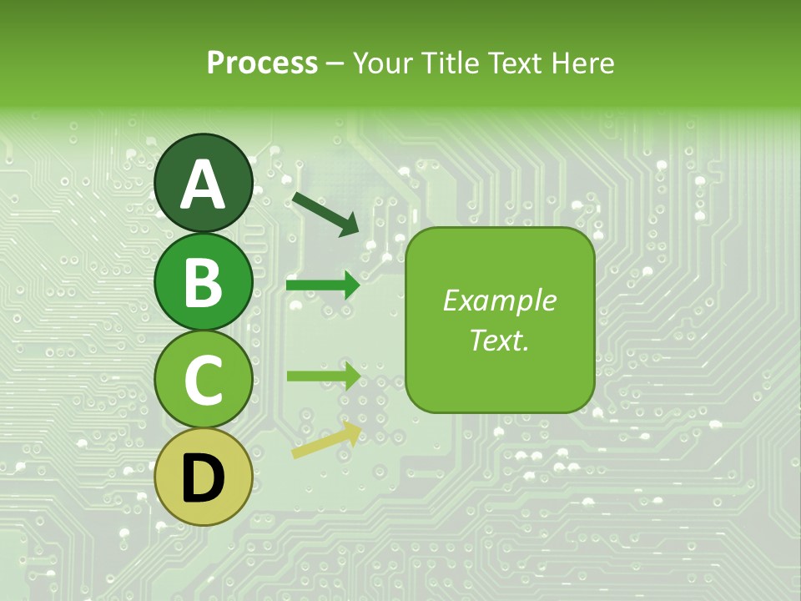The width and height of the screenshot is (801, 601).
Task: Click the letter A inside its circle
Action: tap(203, 185)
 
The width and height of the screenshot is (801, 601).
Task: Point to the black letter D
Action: tap(203, 478)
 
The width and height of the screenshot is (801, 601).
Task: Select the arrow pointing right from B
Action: tap(323, 285)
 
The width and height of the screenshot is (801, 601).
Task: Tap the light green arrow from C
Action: tap(323, 376)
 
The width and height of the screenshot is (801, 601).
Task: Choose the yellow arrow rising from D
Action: tap(326, 440)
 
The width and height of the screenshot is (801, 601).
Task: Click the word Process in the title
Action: tap(263, 63)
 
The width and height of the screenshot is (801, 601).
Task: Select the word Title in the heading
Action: tap(448, 63)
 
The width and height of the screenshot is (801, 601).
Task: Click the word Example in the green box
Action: tap(499, 300)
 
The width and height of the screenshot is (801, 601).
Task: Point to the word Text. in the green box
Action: tap(499, 340)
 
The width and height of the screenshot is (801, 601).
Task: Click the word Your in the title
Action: tap(381, 63)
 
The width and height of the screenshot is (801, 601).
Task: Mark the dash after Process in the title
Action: tap(335, 64)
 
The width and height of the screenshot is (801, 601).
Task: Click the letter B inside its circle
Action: tap(203, 282)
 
